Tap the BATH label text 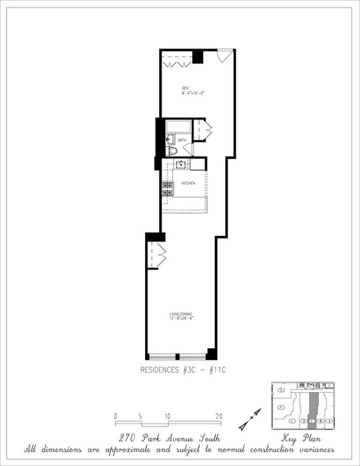pyautogui.click(x=182, y=140)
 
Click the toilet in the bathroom pyautogui.click(x=172, y=150)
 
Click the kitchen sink pyautogui.click(x=180, y=164)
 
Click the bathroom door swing pyautogui.click(x=187, y=149)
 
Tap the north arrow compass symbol pyautogui.click(x=250, y=419)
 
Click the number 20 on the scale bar pyautogui.click(x=219, y=416)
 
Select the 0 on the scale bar pyautogui.click(x=115, y=416)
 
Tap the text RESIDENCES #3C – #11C pyautogui.click(x=180, y=369)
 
